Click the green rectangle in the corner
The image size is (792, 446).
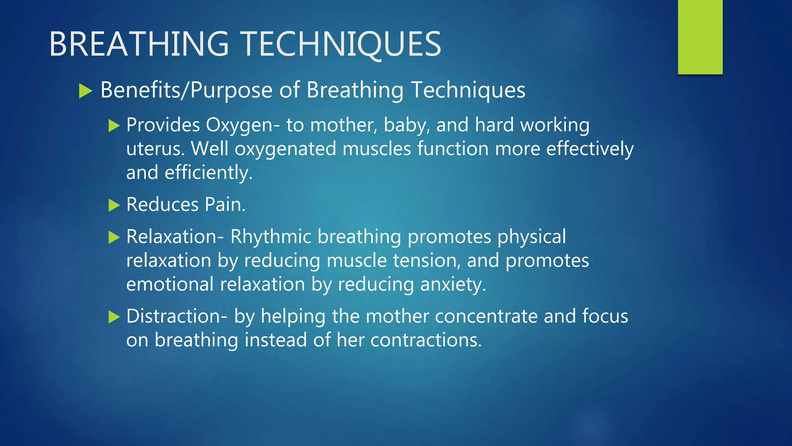pos(700,37)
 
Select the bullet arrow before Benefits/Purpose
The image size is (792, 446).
pos(85,91)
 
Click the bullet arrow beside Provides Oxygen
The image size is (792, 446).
pos(114,125)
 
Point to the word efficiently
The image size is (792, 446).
pos(208,173)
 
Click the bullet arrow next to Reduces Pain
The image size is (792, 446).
pos(114,205)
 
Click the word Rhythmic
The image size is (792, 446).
pos(271,237)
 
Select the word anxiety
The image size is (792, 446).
pos(453,285)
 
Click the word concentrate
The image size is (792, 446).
pos(486,316)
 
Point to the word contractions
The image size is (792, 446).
pos(426,340)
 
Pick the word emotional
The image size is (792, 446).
pos(170,285)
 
